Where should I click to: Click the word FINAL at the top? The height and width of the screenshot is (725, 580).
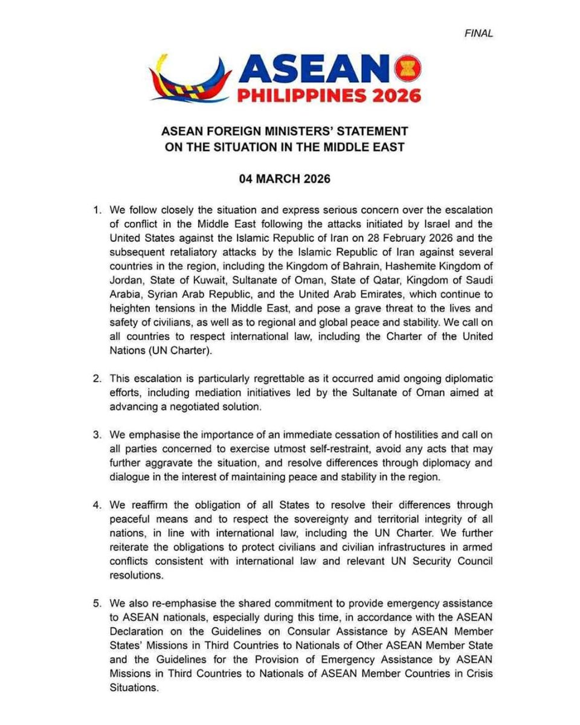478,34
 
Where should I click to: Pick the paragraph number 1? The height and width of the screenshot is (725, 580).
97,210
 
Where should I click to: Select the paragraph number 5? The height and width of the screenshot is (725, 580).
97,604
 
